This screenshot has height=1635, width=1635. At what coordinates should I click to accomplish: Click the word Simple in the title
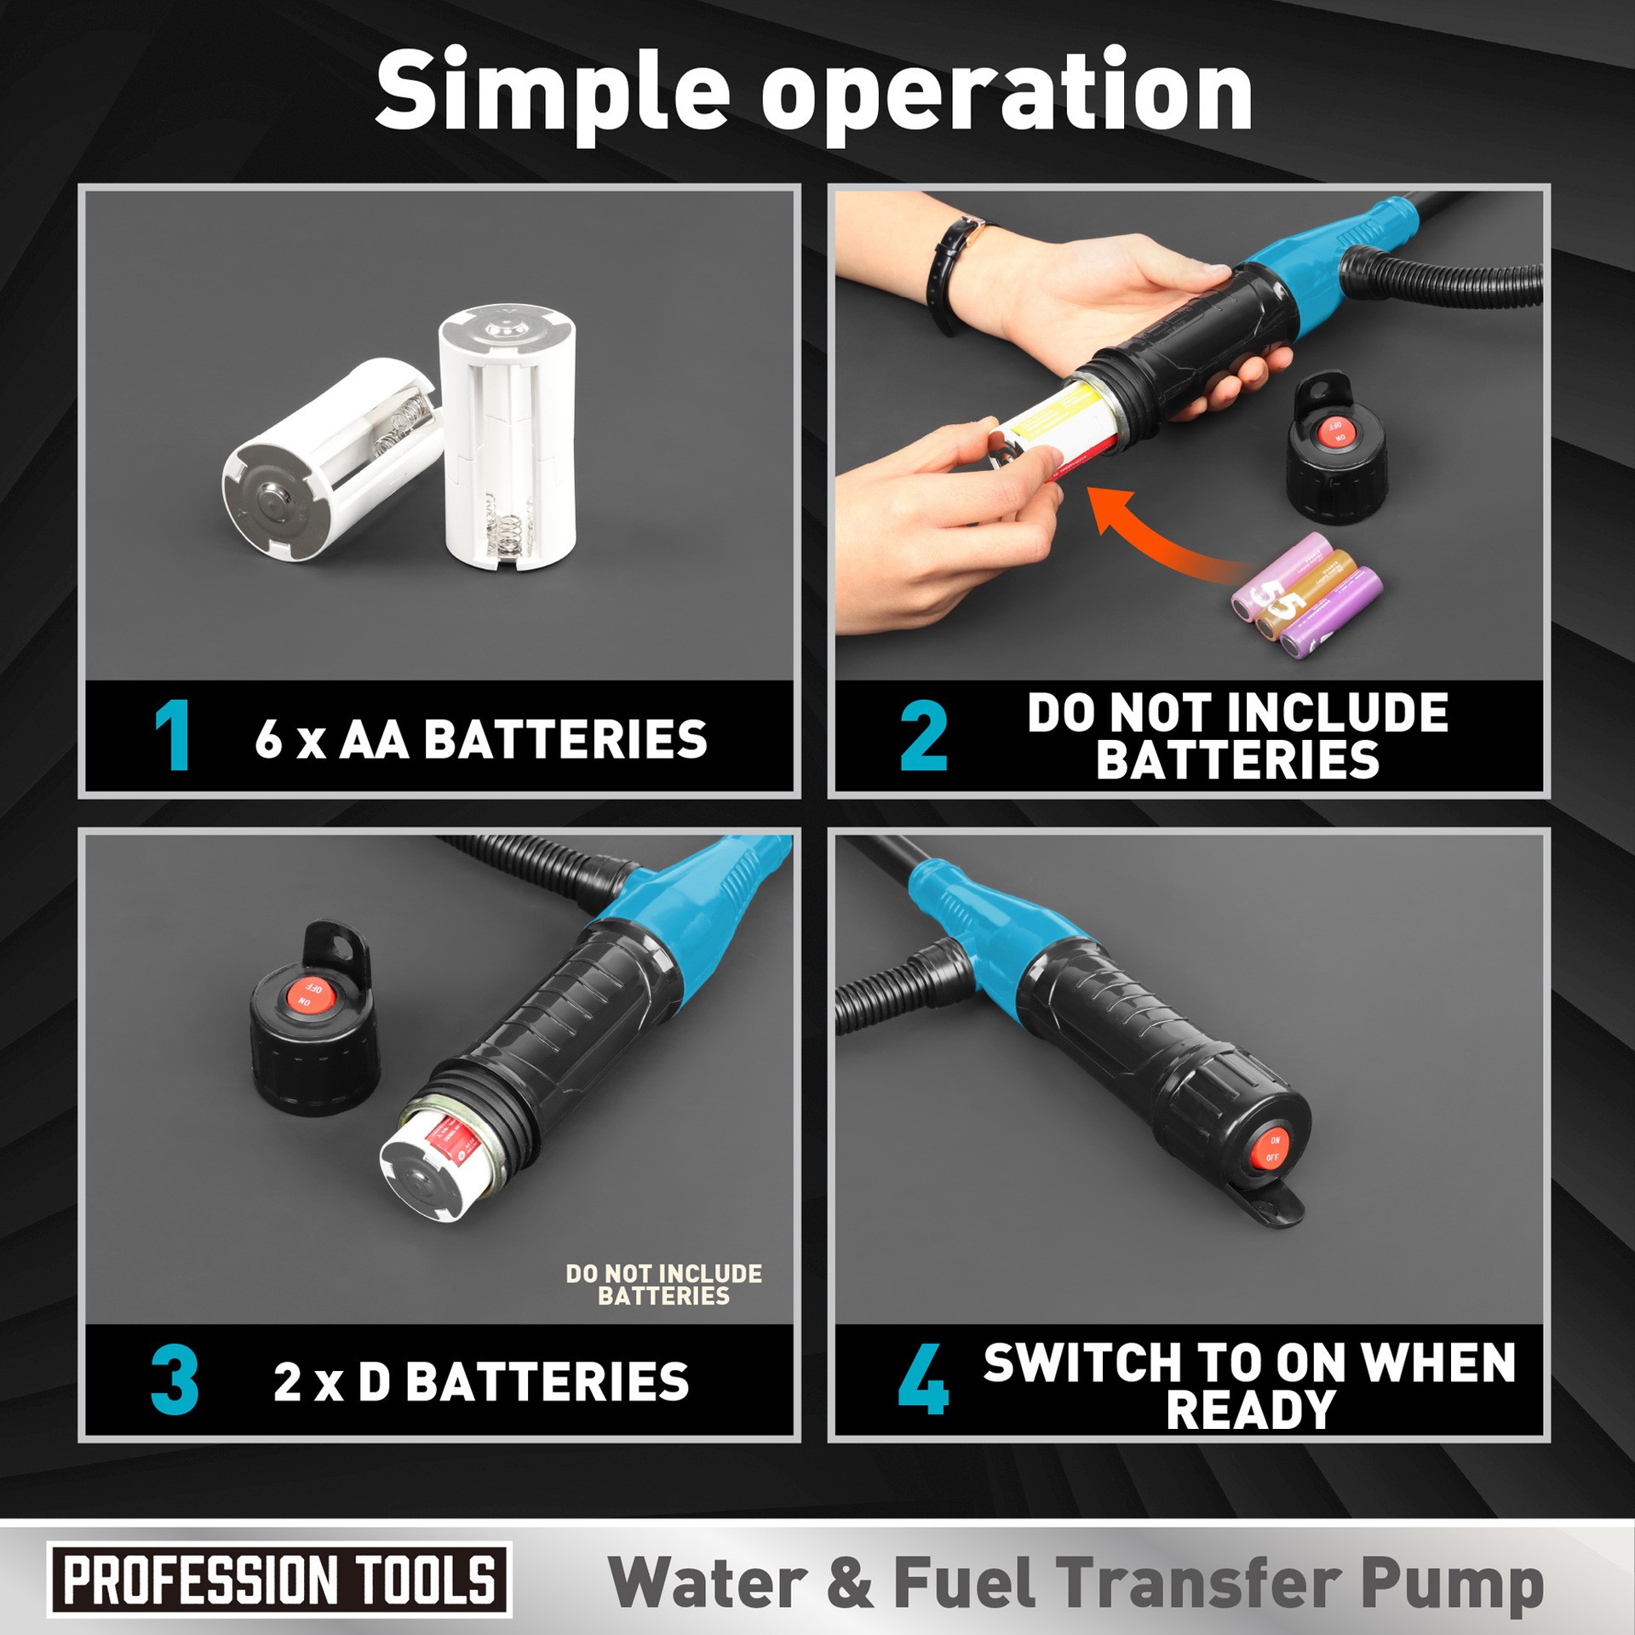pos(552,92)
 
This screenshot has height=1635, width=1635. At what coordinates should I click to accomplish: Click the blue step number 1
pos(173,736)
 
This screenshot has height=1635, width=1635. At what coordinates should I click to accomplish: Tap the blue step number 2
pos(924,736)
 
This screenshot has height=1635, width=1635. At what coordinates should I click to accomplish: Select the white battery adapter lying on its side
pos(328,460)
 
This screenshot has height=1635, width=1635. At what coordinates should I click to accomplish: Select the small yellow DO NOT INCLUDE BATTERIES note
pos(663,1284)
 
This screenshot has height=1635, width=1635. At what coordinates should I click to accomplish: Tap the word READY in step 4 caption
pos(1250,1412)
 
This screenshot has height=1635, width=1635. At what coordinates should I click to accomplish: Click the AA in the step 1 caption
pos(374,738)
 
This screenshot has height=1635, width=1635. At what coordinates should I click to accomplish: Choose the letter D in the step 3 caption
pos(374,1382)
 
